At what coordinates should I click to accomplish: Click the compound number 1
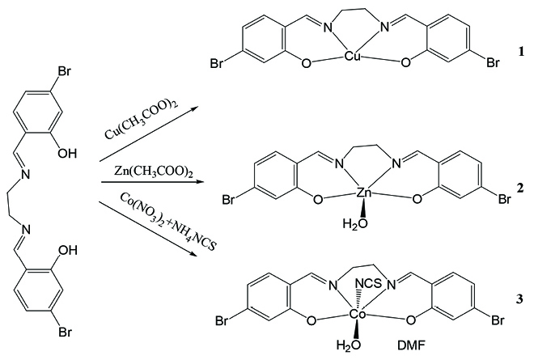click(522, 52)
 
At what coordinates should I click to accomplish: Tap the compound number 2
click(522, 187)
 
